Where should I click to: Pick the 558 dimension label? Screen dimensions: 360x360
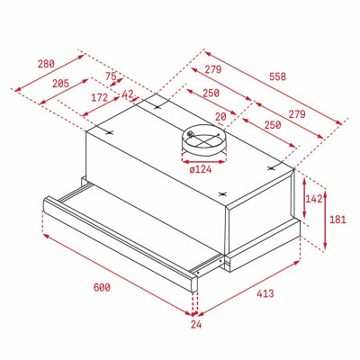(x=277, y=77)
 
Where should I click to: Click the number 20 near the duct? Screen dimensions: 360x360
(x=220, y=115)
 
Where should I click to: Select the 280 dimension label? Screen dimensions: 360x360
(x=48, y=64)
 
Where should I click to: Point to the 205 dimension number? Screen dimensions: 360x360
(x=61, y=84)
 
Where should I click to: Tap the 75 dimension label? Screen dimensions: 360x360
(x=111, y=76)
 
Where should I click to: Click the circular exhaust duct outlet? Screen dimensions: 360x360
(x=201, y=139)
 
